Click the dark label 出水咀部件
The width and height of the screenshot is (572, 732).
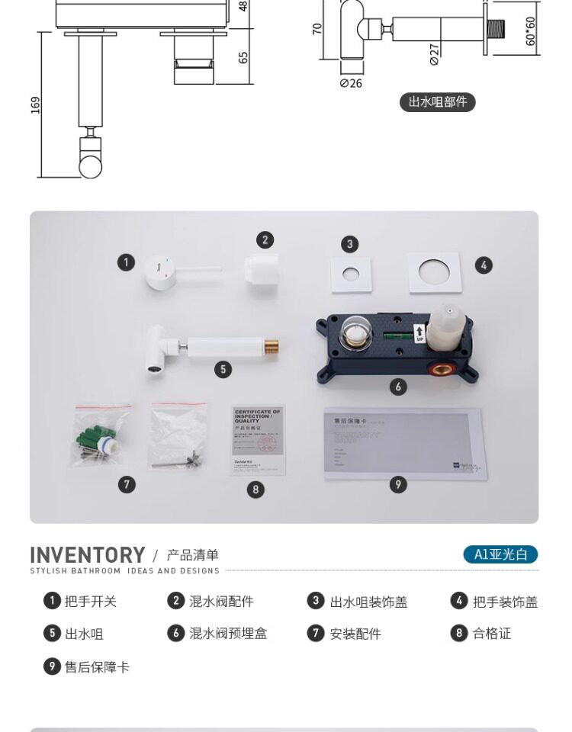click(x=437, y=102)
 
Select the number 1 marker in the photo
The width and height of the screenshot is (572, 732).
click(x=126, y=263)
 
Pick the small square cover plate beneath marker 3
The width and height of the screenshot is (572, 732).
click(x=350, y=275)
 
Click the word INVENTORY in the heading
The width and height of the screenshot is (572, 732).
click(x=87, y=554)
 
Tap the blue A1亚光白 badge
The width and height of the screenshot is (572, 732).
click(x=500, y=554)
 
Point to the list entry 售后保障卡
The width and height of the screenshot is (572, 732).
click(x=97, y=667)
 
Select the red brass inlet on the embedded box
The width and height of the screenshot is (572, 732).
click(x=440, y=371)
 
